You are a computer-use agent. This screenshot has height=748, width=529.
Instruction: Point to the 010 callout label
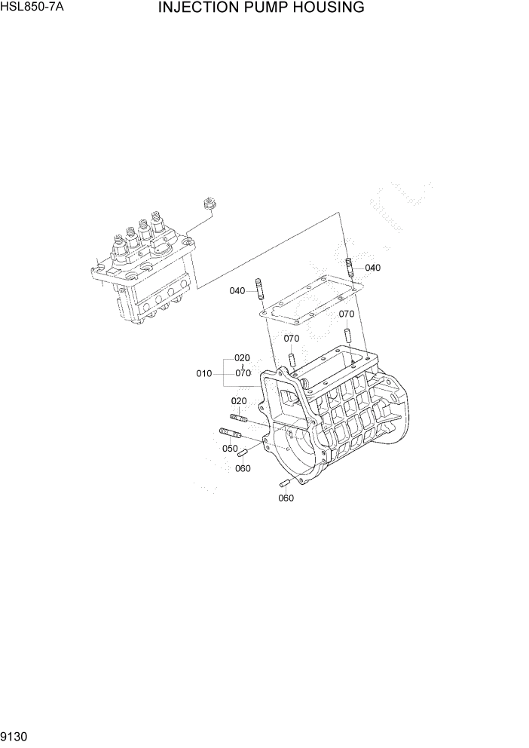[x=203, y=373]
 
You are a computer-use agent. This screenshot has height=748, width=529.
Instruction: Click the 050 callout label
[x=229, y=449]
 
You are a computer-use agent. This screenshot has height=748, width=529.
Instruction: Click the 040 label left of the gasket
[x=237, y=291]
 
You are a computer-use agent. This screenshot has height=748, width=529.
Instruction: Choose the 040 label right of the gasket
[x=372, y=268]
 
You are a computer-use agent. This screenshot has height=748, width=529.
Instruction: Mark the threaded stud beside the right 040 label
[x=350, y=267]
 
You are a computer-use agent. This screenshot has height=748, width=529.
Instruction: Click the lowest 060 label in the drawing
[x=286, y=498]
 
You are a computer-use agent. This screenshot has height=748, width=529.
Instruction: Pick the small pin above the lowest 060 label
[x=285, y=483]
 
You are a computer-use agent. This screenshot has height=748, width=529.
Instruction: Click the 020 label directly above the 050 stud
[x=238, y=401]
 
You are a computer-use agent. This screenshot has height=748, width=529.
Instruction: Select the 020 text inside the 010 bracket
[x=242, y=357]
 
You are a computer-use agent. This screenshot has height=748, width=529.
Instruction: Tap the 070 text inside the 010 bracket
[x=242, y=373]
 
